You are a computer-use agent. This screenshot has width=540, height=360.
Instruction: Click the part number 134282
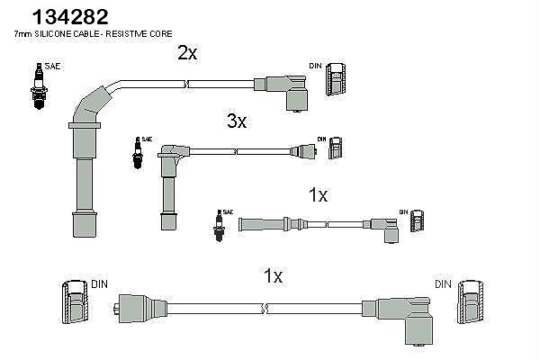(70, 17)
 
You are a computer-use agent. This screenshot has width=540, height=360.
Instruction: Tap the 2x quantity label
(187, 53)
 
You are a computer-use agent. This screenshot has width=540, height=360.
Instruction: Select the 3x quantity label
(237, 121)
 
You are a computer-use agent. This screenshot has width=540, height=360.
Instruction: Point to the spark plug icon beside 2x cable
(39, 86)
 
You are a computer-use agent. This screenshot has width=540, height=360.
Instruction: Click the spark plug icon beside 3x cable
(138, 153)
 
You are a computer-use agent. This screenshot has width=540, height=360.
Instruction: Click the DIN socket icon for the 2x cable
(336, 79)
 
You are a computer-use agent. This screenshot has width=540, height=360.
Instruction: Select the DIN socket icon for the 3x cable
(335, 148)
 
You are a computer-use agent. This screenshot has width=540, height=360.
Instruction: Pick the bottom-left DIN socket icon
(75, 302)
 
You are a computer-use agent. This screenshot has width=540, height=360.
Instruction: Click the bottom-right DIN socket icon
(470, 302)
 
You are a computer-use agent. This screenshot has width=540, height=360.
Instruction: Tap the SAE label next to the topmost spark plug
(53, 66)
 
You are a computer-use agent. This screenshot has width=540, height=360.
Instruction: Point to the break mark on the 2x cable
(186, 84)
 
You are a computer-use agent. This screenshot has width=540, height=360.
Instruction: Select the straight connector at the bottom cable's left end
(139, 309)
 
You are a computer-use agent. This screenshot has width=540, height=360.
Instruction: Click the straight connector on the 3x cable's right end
(303, 151)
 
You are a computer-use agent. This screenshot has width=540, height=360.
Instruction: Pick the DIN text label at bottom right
(443, 284)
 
